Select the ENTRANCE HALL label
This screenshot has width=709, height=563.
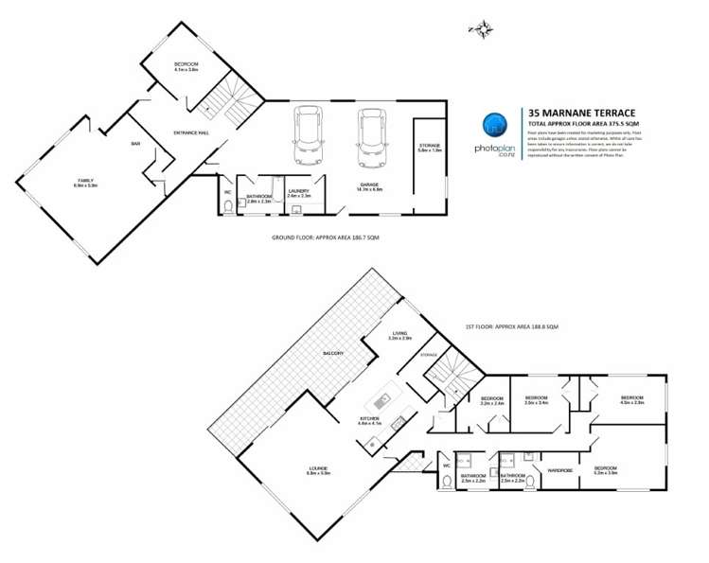(x=190, y=133)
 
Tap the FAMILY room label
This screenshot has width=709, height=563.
(x=86, y=181)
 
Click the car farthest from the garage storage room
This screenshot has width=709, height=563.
(x=309, y=135)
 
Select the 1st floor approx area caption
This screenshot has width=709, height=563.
(x=512, y=325)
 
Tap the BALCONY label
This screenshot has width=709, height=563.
(x=332, y=353)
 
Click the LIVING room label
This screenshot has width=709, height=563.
(x=400, y=333)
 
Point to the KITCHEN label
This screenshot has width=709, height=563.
(x=369, y=418)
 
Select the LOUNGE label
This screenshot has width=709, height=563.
(x=318, y=468)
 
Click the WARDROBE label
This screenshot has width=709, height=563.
(x=560, y=469)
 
